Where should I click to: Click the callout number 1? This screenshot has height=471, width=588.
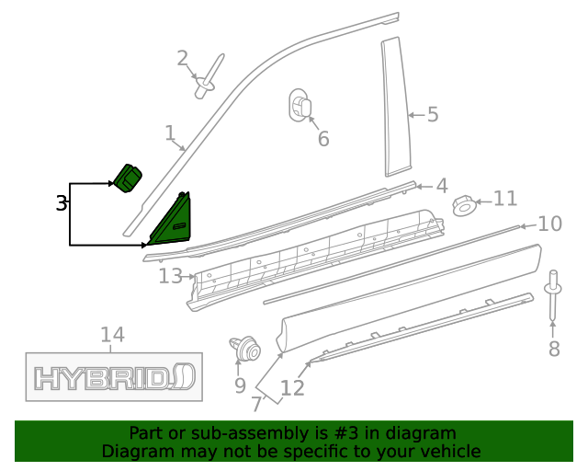(170, 133)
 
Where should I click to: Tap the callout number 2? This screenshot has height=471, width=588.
(183, 59)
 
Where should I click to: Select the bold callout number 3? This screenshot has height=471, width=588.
(62, 203)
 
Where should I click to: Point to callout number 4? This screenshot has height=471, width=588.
(441, 186)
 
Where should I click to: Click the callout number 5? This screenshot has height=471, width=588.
(432, 115)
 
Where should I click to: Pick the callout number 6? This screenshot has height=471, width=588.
(322, 139)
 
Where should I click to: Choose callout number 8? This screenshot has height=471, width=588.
(553, 349)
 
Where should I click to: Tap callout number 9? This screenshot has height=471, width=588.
(240, 385)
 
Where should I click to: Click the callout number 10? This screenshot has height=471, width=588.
(549, 224)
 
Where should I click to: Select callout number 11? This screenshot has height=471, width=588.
(505, 199)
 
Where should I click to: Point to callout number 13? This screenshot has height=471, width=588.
(171, 275)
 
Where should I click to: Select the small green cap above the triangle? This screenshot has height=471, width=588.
(128, 177)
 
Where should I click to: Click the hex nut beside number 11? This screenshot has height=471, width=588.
(466, 204)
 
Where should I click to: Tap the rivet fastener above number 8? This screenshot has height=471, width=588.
(554, 294)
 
